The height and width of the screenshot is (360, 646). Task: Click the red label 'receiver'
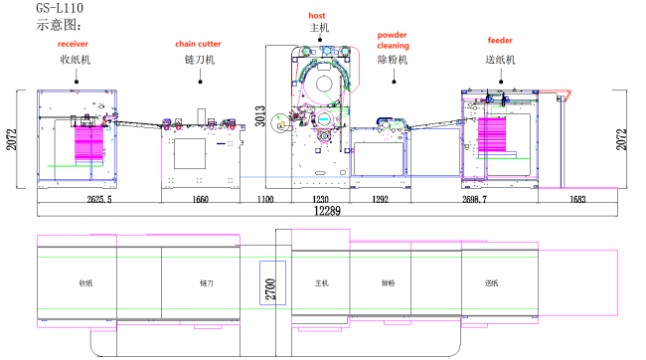(x=74, y=45)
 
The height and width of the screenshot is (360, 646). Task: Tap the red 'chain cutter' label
(x=198, y=45)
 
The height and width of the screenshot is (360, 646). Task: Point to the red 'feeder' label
(x=500, y=41)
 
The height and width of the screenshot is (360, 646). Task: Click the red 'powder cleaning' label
(x=393, y=40)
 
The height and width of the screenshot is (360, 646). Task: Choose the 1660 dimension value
(x=200, y=199)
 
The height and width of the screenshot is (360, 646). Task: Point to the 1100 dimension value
(x=264, y=199)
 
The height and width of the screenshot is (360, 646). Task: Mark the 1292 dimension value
(x=380, y=199)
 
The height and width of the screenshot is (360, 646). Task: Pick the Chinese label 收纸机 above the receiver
(x=76, y=59)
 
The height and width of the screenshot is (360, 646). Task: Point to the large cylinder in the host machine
(x=321, y=86)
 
